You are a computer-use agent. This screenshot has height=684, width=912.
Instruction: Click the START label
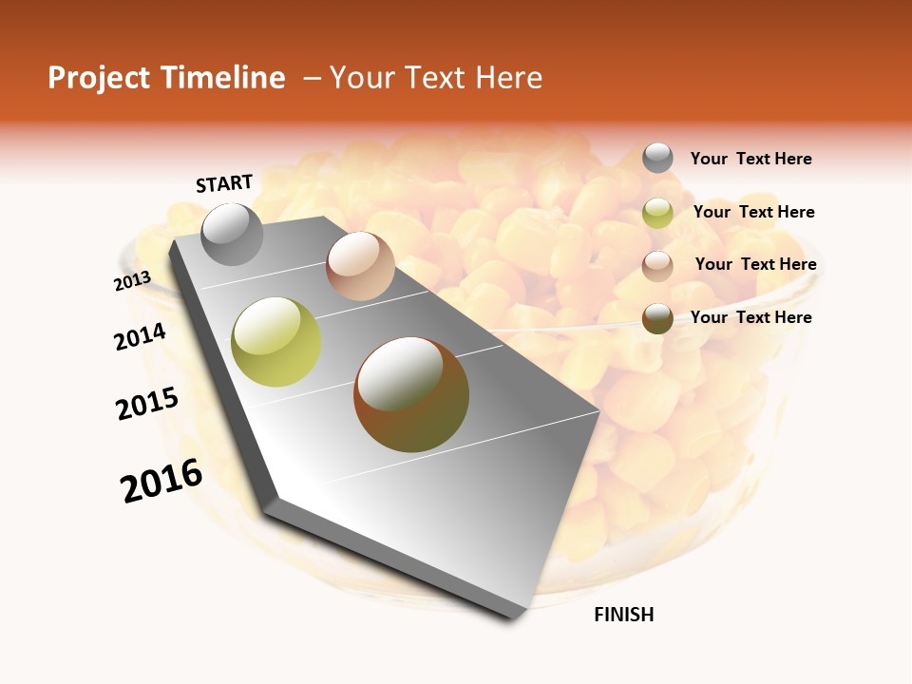(x=224, y=183)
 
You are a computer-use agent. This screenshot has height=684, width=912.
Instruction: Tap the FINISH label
(x=624, y=615)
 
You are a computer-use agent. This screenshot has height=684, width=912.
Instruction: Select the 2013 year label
(x=132, y=281)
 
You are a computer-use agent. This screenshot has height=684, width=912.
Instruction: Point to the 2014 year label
(x=140, y=336)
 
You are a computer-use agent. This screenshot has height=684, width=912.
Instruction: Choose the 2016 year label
(x=161, y=481)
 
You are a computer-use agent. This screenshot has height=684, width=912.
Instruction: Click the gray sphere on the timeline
(x=232, y=234)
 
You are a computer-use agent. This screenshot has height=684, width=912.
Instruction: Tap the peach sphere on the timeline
(x=360, y=266)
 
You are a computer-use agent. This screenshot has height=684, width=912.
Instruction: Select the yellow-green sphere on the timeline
(x=276, y=342)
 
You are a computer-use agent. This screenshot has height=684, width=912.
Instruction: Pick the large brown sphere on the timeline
(x=411, y=394)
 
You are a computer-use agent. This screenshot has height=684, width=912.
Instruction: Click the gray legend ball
(x=657, y=158)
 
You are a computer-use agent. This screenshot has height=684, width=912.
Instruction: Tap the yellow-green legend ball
(x=657, y=213)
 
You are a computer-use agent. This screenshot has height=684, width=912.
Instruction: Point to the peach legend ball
(x=657, y=265)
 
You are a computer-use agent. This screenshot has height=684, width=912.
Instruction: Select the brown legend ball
(x=657, y=318)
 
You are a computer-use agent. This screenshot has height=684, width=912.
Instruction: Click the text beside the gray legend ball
(x=750, y=159)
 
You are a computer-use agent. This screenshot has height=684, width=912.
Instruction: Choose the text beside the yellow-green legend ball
(x=753, y=212)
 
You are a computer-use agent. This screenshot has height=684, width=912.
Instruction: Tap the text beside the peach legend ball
(x=755, y=264)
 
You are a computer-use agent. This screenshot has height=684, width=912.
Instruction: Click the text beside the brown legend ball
(x=750, y=317)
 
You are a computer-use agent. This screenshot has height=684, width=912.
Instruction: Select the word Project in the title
(x=100, y=78)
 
